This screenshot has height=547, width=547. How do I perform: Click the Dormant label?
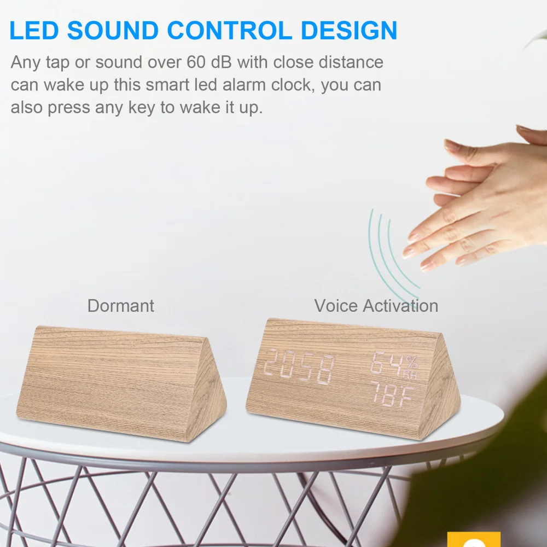coord(121,305)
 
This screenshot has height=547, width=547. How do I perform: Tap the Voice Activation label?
coord(376,305)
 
